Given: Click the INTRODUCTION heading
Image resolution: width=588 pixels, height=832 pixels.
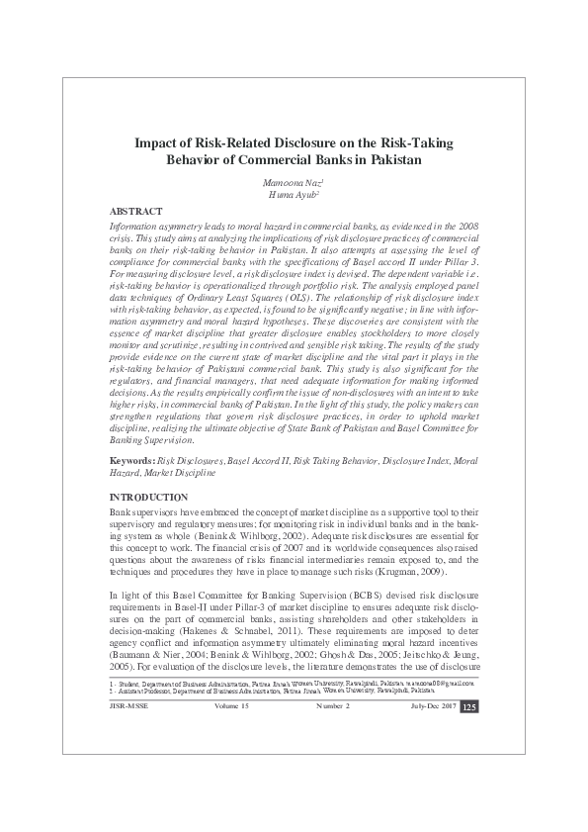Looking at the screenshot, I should click(x=148, y=496).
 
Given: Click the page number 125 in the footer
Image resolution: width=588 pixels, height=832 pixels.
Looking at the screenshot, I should click(x=470, y=761).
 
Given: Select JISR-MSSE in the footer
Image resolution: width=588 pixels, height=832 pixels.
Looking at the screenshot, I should click(x=128, y=759).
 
